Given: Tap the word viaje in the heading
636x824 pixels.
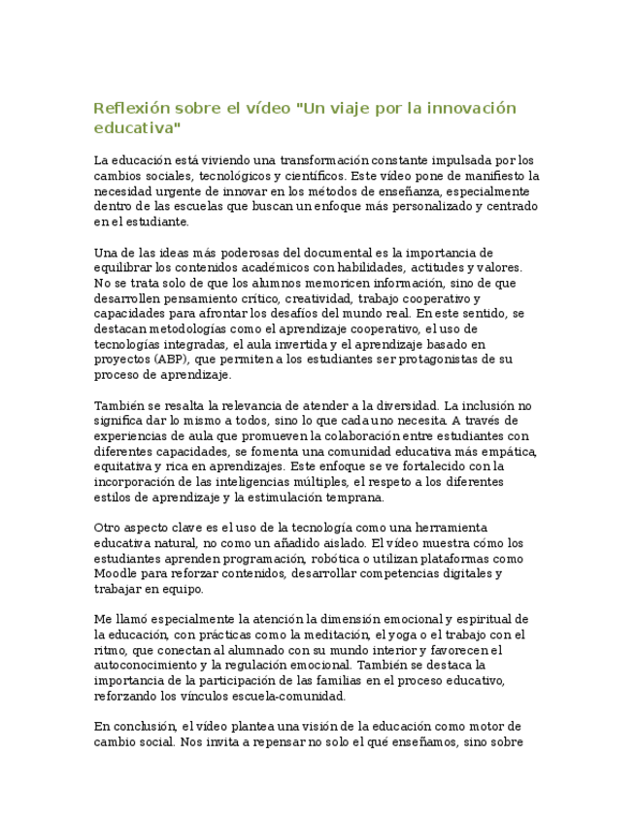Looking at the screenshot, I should (x=351, y=108).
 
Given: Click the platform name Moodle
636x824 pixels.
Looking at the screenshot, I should (x=114, y=574).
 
